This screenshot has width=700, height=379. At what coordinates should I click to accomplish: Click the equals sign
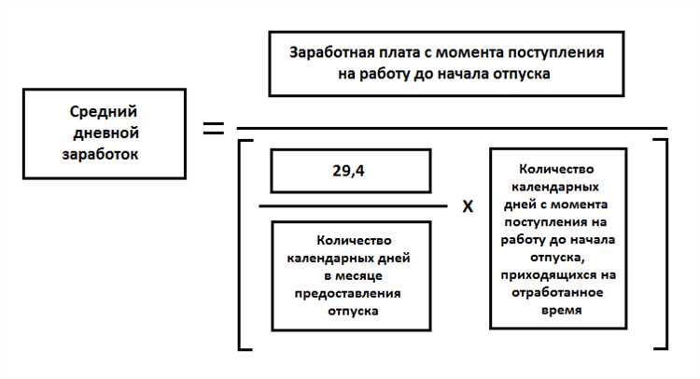(x=214, y=129)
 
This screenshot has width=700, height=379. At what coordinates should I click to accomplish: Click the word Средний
(x=93, y=114)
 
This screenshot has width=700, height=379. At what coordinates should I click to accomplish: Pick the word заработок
(x=99, y=154)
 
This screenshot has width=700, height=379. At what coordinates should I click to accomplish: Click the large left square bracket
(x=243, y=243)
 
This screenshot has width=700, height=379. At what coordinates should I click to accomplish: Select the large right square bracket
(x=663, y=243)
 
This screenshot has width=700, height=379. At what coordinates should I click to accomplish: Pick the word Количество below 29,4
(x=353, y=241)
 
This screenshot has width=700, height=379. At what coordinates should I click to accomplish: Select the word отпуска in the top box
(x=522, y=74)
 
